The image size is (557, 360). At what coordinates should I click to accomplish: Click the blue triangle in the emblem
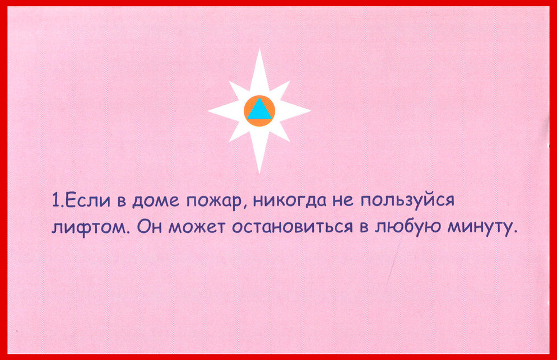[259, 109]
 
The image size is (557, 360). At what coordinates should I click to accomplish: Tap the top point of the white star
[259, 49]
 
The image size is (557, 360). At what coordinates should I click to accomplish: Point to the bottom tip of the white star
[259, 173]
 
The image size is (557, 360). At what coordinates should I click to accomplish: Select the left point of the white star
[208, 111]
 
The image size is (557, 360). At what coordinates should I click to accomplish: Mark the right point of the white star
[310, 111]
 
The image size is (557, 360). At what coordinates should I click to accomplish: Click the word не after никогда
[343, 202]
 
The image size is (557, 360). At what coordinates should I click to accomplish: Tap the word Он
[150, 226]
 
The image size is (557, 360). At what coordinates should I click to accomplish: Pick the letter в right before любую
[364, 227]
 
